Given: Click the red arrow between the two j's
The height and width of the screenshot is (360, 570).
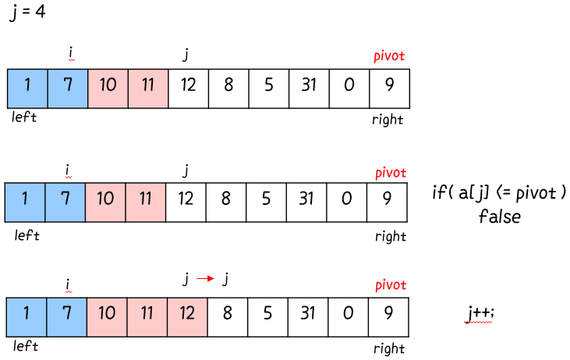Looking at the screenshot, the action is click(x=205, y=278).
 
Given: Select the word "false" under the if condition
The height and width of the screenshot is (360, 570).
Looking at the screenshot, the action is click(x=499, y=216).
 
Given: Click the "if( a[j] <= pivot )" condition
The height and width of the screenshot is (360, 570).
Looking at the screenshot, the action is click(x=498, y=192).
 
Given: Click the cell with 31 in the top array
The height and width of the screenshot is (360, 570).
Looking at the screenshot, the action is click(x=309, y=83).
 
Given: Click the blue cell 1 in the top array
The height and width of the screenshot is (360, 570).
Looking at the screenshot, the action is click(x=27, y=83).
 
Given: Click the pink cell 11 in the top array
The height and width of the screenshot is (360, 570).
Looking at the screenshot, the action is click(x=147, y=83).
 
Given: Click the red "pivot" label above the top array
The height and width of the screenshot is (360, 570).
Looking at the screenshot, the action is click(x=389, y=56).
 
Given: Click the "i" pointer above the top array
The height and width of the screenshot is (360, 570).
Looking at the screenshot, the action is click(x=70, y=53).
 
